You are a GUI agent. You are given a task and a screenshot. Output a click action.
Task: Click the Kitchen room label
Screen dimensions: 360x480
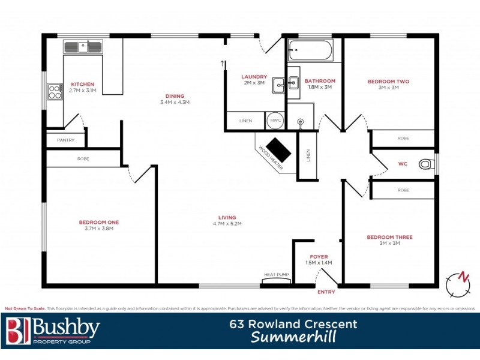[x=83, y=84]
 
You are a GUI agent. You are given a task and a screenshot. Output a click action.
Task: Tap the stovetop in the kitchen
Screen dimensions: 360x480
[x=55, y=91]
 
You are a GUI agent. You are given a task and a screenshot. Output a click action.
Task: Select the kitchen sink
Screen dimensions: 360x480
[x=83, y=46]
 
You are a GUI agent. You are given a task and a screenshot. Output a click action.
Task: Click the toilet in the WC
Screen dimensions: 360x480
[x=425, y=163]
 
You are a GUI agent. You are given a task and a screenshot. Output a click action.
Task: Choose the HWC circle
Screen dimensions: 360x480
[x=275, y=121]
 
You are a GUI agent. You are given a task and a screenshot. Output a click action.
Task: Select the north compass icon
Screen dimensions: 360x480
[x=460, y=281]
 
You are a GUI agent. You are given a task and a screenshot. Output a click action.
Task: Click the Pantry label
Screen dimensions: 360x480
[x=65, y=140]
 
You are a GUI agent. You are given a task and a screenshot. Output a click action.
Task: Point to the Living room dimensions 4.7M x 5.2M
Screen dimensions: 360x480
[x=227, y=224]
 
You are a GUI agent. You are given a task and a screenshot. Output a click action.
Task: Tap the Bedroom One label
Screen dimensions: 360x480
[x=99, y=222]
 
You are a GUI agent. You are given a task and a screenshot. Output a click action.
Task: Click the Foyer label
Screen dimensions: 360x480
[x=319, y=257]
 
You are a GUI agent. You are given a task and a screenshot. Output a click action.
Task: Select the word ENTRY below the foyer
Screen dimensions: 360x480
[x=326, y=292]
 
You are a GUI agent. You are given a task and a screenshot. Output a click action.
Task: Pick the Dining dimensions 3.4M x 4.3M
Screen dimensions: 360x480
[x=175, y=102]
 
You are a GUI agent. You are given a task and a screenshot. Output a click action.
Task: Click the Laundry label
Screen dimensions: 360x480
[x=254, y=77]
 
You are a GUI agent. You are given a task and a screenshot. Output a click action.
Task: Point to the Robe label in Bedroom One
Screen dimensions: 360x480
[x=83, y=160]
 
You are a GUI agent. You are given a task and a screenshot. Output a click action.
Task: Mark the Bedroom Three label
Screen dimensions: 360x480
[x=389, y=237]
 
